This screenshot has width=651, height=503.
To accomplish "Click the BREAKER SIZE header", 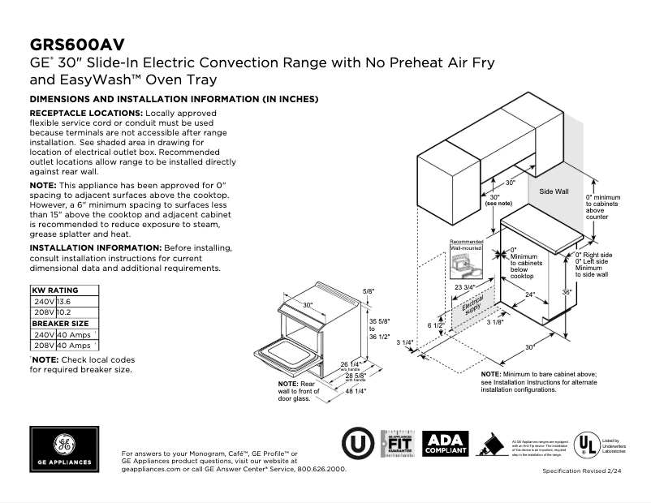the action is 59,323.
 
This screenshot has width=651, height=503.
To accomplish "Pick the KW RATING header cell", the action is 54,290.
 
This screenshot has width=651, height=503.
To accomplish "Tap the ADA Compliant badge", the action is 446,442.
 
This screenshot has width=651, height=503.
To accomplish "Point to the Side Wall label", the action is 554,191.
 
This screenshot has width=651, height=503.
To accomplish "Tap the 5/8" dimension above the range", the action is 369,291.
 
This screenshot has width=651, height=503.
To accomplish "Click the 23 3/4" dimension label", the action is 465,287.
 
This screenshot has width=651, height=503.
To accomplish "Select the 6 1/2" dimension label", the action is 436,325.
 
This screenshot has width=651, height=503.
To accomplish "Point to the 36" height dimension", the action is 567,291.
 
